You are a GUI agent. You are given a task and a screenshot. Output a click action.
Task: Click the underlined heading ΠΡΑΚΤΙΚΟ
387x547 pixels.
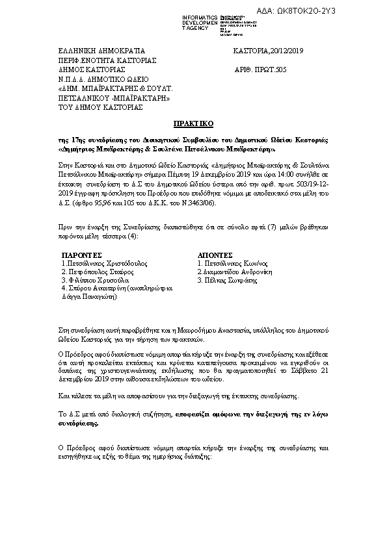pyautogui.click(x=193, y=123)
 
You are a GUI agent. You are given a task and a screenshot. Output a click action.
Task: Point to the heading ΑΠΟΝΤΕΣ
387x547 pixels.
pyautogui.click(x=216, y=256)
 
